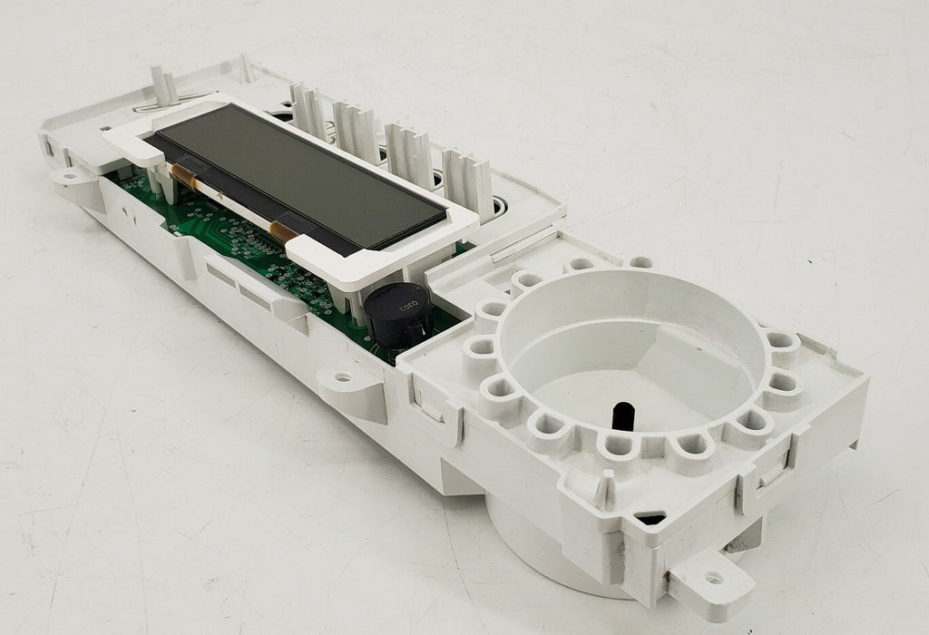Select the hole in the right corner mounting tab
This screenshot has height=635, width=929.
(713, 577)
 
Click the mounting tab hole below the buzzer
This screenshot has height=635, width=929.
(343, 376)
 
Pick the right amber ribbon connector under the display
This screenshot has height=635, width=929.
(286, 230)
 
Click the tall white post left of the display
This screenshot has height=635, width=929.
(165, 86)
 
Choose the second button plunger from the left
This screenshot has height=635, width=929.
(356, 128)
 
